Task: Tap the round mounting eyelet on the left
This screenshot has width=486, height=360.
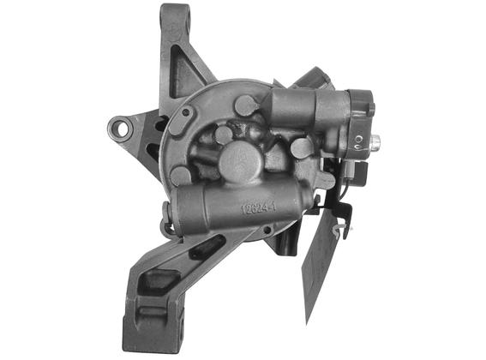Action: pos(122,129)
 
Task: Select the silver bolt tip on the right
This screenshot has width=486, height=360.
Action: pos(375,141)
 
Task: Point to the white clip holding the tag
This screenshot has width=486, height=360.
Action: pos(344,231)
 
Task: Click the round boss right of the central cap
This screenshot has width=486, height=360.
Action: pos(301,148)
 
